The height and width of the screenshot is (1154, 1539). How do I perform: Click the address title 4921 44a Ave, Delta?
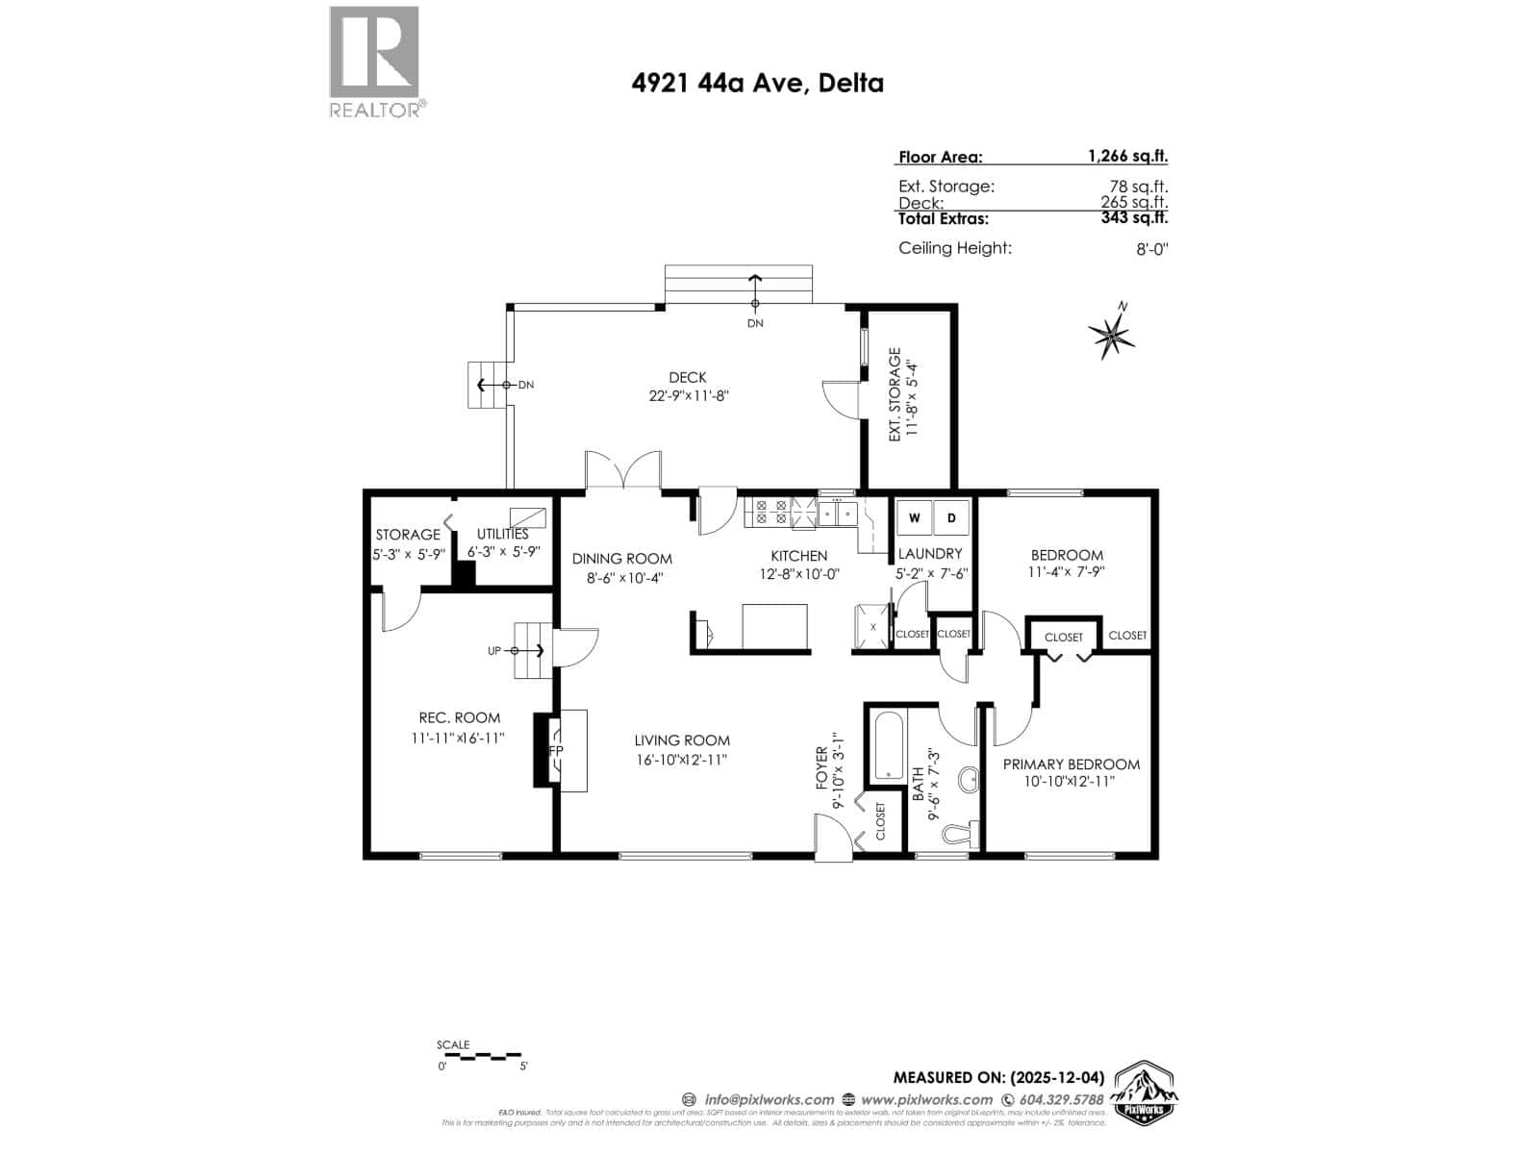(757, 83)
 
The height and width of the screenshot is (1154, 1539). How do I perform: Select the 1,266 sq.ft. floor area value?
(1127, 156)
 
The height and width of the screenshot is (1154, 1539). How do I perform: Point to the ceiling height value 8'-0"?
(1151, 249)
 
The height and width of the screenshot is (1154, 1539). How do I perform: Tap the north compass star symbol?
(1112, 334)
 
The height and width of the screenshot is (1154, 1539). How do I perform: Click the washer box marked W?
(914, 518)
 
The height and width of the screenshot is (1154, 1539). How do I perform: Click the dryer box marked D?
(951, 518)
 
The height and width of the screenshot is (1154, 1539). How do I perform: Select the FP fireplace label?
(556, 750)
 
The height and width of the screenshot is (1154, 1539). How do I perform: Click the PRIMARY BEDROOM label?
(1071, 765)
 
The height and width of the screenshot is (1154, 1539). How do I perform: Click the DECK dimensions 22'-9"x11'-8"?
(688, 395)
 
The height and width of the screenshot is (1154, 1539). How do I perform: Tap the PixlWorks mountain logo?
(1146, 1094)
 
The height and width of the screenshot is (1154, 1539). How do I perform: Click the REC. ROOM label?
(459, 717)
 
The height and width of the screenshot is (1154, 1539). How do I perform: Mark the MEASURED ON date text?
(997, 1077)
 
